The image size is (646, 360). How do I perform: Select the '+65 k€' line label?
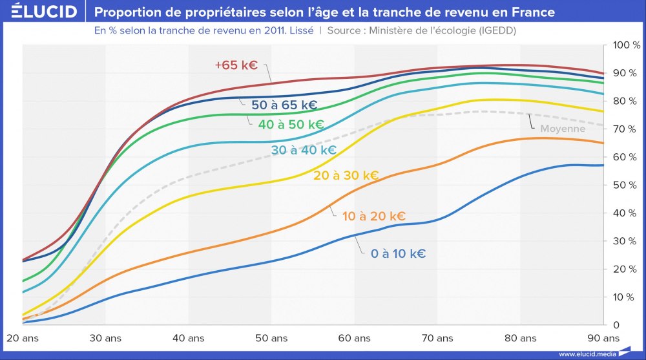237,65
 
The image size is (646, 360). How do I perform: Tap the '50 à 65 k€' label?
284,105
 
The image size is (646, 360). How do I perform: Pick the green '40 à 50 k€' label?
291,124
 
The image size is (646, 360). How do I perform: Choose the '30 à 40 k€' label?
303,150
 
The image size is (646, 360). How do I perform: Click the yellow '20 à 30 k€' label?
346,175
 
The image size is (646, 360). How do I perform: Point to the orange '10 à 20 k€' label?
373,216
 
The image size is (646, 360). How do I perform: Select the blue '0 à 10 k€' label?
398,253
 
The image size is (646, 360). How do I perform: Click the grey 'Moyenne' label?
563,129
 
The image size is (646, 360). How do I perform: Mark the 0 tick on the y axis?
616,324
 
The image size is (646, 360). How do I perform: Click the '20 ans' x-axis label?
23,338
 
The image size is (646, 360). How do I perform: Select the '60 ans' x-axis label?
354,338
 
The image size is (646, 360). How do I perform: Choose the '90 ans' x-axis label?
603,338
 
